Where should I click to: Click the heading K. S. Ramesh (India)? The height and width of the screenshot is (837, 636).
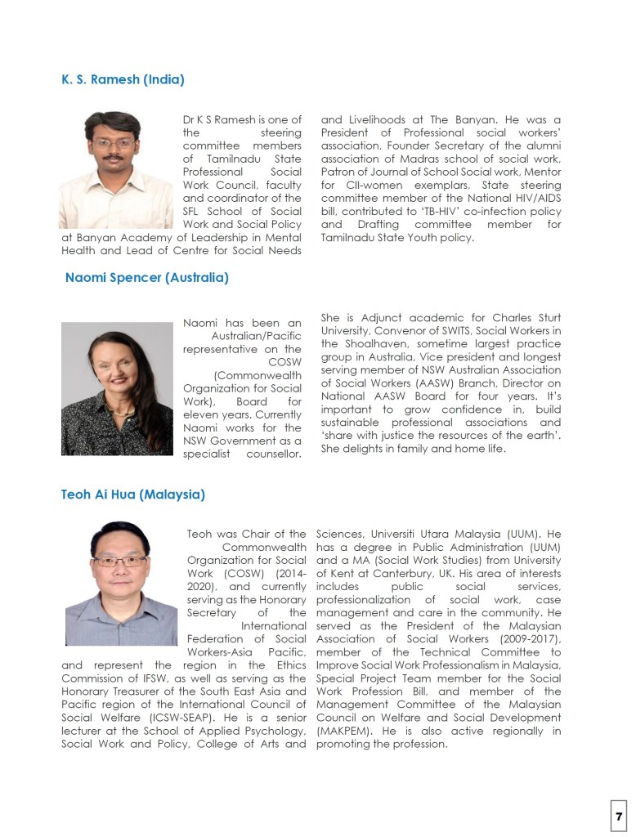pyautogui.click(x=123, y=79)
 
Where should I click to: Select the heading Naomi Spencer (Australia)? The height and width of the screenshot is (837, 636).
pyautogui.click(x=146, y=278)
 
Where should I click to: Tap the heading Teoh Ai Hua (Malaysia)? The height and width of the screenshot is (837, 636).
pyautogui.click(x=132, y=495)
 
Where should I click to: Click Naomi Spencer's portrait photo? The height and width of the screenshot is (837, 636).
pyautogui.click(x=117, y=388)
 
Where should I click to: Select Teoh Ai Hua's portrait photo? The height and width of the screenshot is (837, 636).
pyautogui.click(x=121, y=583)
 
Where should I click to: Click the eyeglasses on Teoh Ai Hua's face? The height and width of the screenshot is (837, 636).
pyautogui.click(x=120, y=562)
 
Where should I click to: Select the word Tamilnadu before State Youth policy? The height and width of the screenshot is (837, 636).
pyautogui.click(x=350, y=238)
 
